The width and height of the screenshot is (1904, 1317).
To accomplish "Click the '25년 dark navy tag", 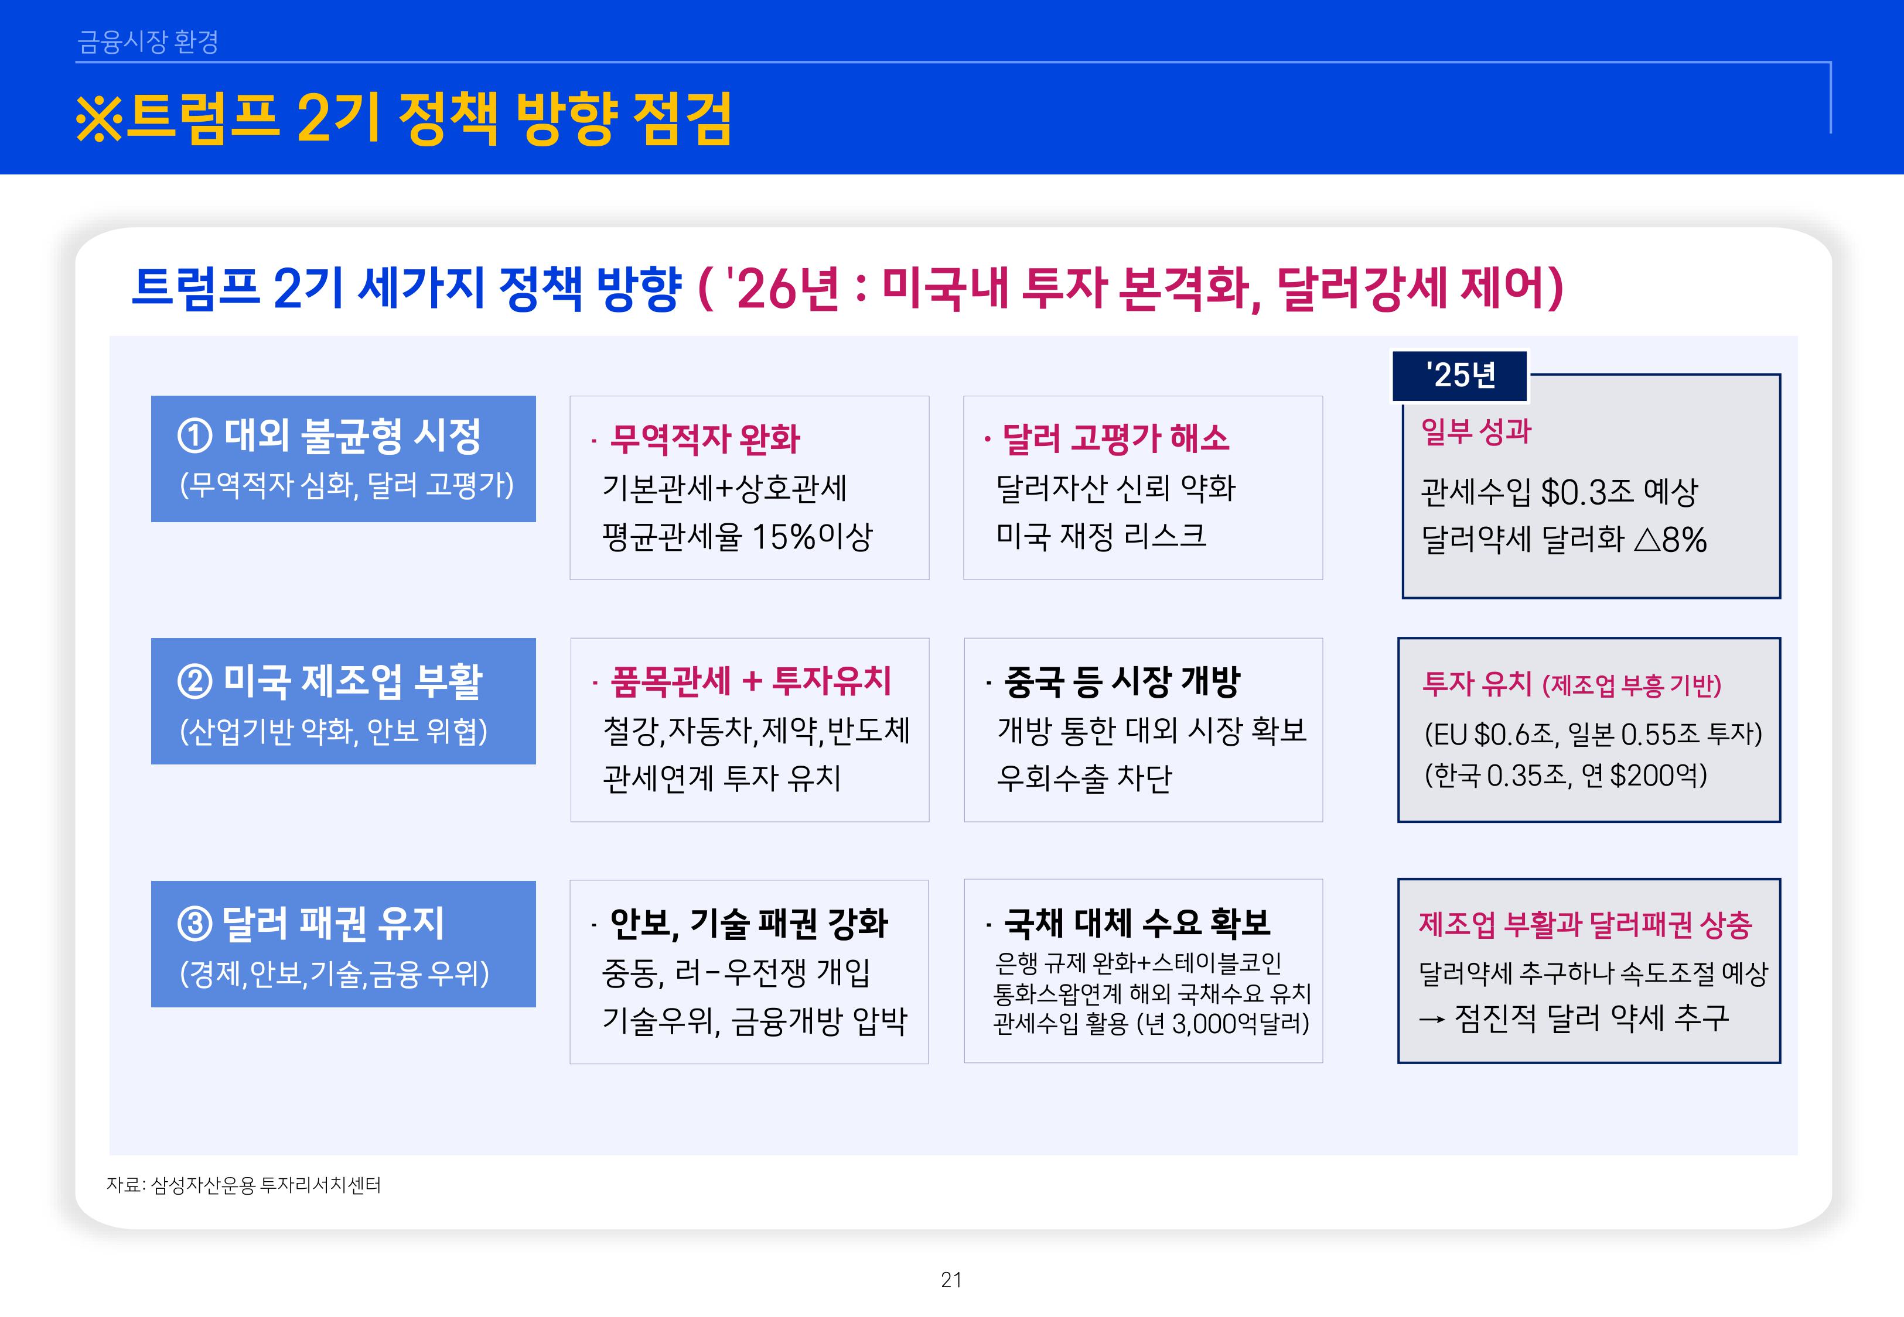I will point(1460,375).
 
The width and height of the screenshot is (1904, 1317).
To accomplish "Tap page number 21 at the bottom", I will point(951,1280).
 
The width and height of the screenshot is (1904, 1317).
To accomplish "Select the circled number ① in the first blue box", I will point(195,435).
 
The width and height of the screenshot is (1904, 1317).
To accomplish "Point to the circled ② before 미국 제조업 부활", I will point(195,681).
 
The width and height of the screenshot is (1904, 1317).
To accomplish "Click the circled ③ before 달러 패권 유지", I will point(195,924).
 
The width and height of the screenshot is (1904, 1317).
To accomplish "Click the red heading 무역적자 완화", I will point(704,439).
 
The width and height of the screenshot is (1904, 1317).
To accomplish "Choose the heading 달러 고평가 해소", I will point(1115,439).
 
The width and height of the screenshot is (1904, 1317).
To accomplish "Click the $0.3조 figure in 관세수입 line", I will point(1587,493).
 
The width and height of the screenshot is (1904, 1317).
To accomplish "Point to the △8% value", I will point(1670,540).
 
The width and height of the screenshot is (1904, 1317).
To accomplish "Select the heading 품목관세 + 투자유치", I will point(750,681).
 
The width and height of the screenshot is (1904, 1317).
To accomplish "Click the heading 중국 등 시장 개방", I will point(1122,681).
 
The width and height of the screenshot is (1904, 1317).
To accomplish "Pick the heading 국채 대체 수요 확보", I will point(1137,922).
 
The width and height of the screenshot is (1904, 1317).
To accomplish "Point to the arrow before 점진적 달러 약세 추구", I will point(1431,1020).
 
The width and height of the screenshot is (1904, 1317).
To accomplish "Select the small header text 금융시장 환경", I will point(148,41).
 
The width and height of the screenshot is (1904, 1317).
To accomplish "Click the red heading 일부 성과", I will point(1476,431).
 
